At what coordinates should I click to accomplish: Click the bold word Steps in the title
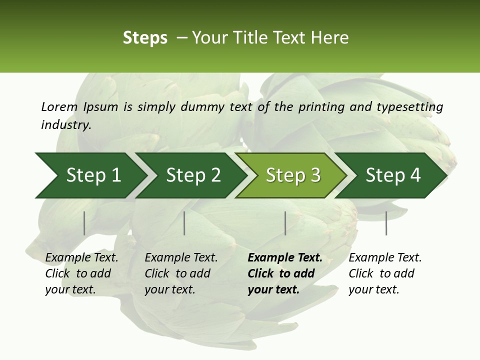[145, 38]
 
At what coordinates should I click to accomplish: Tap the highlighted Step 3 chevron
[293, 175]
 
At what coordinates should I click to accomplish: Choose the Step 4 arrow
[393, 175]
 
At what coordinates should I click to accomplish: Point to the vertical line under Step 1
[84, 223]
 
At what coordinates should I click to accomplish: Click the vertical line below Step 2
[184, 223]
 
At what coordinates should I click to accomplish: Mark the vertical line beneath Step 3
[285, 223]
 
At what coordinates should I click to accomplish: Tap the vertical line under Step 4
[386, 223]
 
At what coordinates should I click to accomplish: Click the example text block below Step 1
[81, 273]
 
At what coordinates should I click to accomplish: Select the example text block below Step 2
[181, 273]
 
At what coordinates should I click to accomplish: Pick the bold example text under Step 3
[285, 273]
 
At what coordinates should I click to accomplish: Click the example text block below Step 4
[385, 273]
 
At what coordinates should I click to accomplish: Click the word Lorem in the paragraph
[59, 106]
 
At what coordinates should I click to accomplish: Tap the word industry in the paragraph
[66, 125]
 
